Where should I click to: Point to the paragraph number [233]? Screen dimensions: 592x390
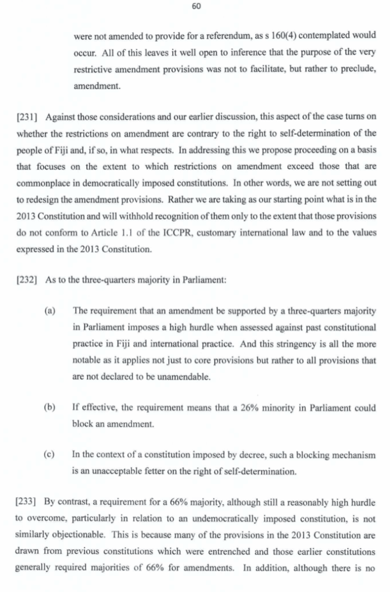[24, 498]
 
